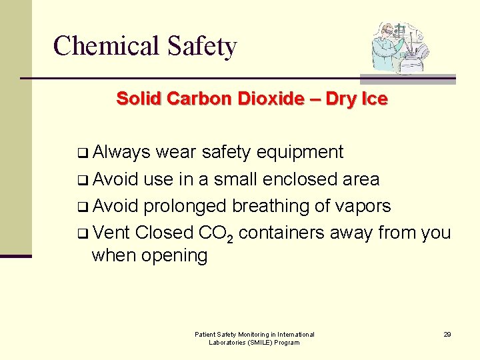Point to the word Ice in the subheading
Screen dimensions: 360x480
coord(374,99)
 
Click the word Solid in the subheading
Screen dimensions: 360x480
coord(139,99)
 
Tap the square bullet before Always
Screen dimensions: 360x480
coord(85,153)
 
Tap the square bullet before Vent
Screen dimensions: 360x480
coord(85,234)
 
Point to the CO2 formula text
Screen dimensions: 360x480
coord(216,233)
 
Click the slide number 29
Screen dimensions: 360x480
coord(447,334)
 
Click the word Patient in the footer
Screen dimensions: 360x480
coord(205,334)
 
